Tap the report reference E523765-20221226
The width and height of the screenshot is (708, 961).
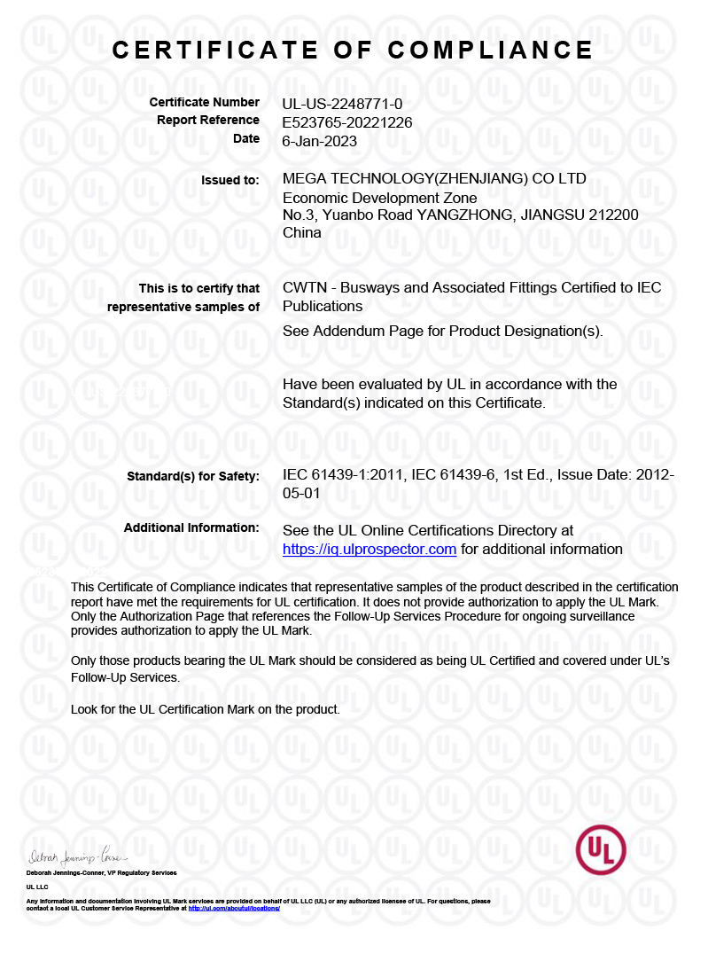347,122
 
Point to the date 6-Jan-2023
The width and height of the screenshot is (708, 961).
319,140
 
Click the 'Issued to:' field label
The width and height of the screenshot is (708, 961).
230,180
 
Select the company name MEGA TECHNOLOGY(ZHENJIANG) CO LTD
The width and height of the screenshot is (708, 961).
434,179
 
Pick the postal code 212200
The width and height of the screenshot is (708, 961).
614,215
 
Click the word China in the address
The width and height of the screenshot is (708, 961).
302,233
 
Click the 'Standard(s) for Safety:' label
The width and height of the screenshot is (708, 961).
193,476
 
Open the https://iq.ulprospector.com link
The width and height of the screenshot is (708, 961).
370,550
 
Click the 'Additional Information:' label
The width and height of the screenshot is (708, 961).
191,527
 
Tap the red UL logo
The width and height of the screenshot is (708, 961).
601,850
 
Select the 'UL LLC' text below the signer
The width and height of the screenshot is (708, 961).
37,887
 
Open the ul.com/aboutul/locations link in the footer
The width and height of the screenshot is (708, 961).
234,909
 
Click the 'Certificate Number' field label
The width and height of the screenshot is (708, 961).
205,103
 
